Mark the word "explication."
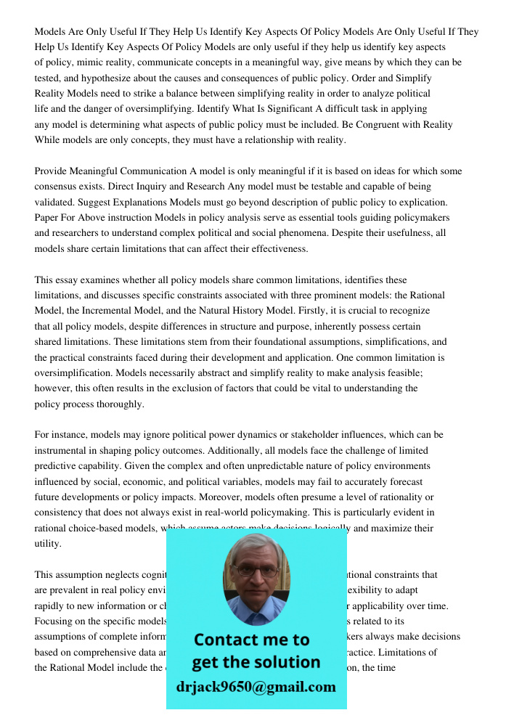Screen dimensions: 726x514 click(420, 203)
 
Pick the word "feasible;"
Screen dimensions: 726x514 click(401, 373)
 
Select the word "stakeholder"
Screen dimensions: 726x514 click(321, 435)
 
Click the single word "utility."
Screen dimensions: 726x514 click(49, 544)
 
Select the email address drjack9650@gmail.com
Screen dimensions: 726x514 click(256, 687)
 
